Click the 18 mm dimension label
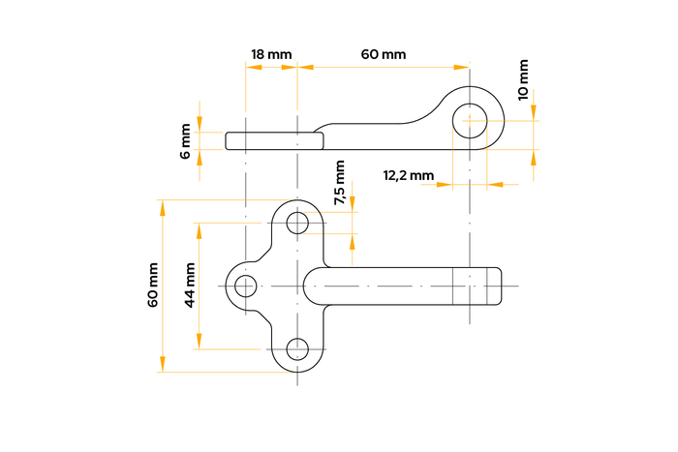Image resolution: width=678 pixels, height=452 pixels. [271, 54]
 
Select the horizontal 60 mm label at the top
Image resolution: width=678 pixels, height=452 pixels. [384, 54]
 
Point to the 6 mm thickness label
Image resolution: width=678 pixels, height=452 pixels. [186, 141]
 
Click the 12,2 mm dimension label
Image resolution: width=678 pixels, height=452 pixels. [408, 175]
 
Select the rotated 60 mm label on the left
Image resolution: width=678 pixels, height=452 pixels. [152, 286]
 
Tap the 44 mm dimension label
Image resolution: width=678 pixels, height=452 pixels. [190, 286]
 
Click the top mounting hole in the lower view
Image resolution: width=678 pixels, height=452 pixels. [297, 223]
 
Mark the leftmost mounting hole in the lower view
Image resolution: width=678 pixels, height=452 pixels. [246, 286]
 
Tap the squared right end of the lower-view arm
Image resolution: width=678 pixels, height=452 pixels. [492, 286]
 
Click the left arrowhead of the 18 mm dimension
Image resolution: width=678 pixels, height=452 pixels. [251, 67]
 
